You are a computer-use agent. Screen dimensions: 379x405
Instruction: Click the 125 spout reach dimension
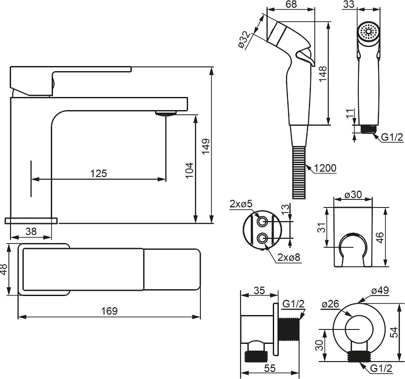(x=98, y=173)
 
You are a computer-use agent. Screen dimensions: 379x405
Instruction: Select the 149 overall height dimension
(x=206, y=147)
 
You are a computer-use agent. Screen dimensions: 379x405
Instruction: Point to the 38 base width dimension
(x=31, y=231)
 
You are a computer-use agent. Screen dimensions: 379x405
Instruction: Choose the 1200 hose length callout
(x=325, y=168)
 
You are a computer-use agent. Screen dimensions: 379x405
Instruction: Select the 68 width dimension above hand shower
(x=291, y=5)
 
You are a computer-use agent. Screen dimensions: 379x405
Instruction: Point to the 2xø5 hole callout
(x=241, y=205)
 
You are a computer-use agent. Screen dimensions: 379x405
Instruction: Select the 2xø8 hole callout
(x=289, y=257)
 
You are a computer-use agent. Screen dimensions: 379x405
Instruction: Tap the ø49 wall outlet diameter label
(x=380, y=291)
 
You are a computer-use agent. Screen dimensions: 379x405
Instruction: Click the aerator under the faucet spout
(x=166, y=113)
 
